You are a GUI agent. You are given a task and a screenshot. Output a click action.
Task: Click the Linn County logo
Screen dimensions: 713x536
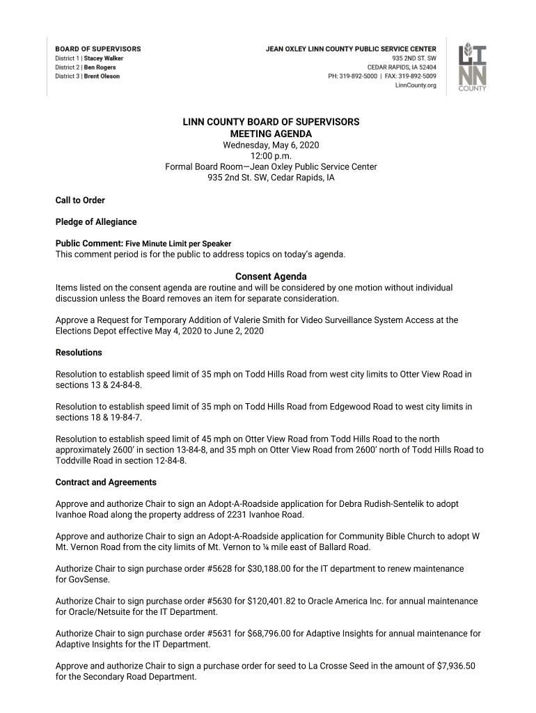click(472, 67)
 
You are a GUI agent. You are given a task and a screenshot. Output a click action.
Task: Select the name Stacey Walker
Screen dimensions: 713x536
click(104, 58)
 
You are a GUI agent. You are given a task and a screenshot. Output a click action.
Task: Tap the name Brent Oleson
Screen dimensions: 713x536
click(102, 77)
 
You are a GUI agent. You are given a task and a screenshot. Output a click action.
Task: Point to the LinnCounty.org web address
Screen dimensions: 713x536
click(416, 86)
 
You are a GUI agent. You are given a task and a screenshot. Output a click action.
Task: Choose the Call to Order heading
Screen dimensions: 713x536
click(80, 201)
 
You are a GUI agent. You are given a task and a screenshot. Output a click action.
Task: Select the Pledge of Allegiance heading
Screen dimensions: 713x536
click(96, 222)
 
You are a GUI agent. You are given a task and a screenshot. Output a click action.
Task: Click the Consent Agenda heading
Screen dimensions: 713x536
click(271, 276)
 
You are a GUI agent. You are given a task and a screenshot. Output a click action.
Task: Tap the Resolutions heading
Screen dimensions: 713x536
click(79, 353)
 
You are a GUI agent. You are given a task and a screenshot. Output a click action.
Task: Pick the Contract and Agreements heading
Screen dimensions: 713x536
click(106, 483)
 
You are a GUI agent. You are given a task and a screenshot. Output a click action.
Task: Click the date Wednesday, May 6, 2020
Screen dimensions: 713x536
click(271, 145)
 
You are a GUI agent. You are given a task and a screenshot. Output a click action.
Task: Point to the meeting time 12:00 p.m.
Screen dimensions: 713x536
click(271, 156)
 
